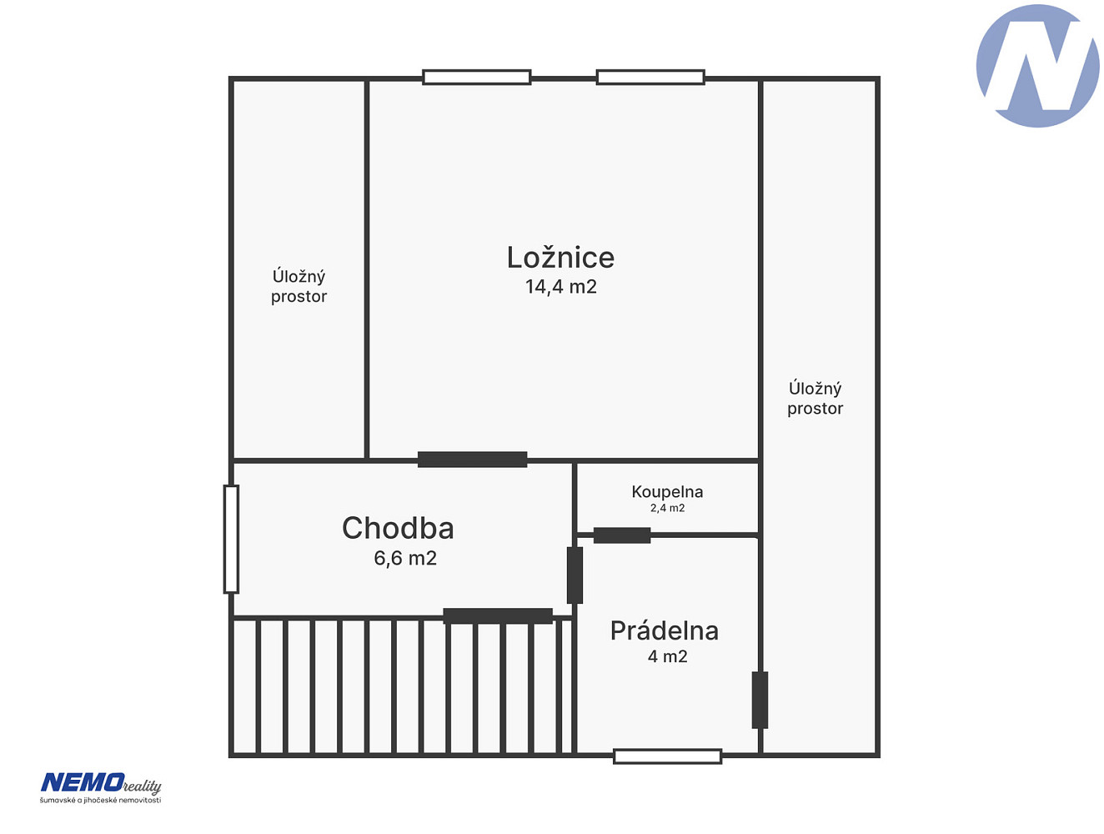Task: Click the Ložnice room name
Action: pyautogui.click(x=560, y=257)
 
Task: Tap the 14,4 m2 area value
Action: pyautogui.click(x=561, y=286)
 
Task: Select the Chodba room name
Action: pyautogui.click(x=398, y=528)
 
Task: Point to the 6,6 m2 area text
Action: pyautogui.click(x=405, y=558)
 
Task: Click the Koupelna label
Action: pyautogui.click(x=667, y=491)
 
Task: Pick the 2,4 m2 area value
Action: pyautogui.click(x=667, y=508)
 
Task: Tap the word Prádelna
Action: pyautogui.click(x=664, y=631)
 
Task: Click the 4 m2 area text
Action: pyautogui.click(x=667, y=656)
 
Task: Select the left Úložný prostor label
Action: pyautogui.click(x=299, y=286)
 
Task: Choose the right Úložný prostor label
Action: pyautogui.click(x=815, y=399)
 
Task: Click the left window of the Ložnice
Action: pyautogui.click(x=476, y=77)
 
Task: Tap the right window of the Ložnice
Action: pyautogui.click(x=650, y=77)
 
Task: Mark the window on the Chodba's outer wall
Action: pyautogui.click(x=231, y=540)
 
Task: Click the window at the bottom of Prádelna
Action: pyautogui.click(x=667, y=756)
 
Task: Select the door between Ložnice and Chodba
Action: pyautogui.click(x=472, y=460)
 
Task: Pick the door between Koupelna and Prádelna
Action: pyautogui.click(x=622, y=535)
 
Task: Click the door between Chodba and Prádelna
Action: pyautogui.click(x=575, y=575)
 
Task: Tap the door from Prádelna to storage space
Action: pyautogui.click(x=760, y=700)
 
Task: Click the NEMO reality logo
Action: pyautogui.click(x=101, y=788)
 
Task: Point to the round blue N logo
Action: pyautogui.click(x=1037, y=65)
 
